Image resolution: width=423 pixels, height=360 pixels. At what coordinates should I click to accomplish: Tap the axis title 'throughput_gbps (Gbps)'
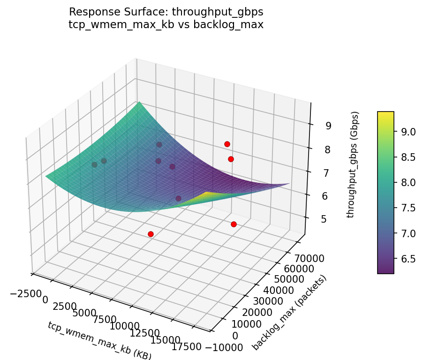[355, 165]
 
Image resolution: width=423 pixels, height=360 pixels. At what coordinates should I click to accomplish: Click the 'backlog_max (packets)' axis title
[289, 313]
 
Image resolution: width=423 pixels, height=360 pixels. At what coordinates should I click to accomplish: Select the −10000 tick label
[225, 347]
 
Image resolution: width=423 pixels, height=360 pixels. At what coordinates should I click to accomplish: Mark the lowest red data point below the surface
[151, 234]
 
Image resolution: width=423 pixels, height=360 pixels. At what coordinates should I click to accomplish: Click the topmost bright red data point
[227, 144]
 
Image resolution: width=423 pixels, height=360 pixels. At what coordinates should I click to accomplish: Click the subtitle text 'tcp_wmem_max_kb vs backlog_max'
[166, 24]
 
